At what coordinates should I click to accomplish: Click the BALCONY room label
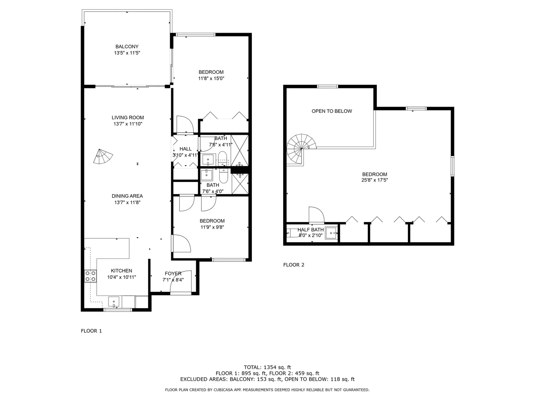click(x=127, y=46)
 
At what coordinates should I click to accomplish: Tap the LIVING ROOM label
click(x=128, y=118)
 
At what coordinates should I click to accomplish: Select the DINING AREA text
click(x=127, y=196)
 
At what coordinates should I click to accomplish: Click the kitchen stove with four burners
click(x=90, y=276)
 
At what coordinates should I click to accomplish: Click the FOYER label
click(x=173, y=274)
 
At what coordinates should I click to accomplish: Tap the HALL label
click(x=185, y=149)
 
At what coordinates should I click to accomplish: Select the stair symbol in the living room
click(x=103, y=156)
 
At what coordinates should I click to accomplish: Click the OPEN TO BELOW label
click(x=332, y=111)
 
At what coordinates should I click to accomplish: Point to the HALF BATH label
click(x=311, y=229)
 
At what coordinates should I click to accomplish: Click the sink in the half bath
click(x=331, y=233)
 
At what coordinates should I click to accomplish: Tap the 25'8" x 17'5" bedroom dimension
click(x=374, y=180)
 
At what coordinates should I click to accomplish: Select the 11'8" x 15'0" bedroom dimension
click(x=211, y=78)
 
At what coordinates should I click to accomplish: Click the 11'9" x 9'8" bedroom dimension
click(x=212, y=227)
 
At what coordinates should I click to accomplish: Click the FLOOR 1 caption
click(x=91, y=331)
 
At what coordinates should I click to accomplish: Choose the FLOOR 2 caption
click(x=294, y=265)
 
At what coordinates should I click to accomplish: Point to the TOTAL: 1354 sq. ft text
click(x=267, y=367)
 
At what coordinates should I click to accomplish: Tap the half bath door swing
click(x=317, y=215)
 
